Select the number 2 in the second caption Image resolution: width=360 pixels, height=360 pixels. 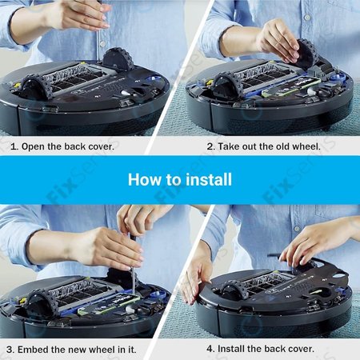pos(210,146)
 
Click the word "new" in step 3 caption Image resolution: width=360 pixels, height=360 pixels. pos(86,349)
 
